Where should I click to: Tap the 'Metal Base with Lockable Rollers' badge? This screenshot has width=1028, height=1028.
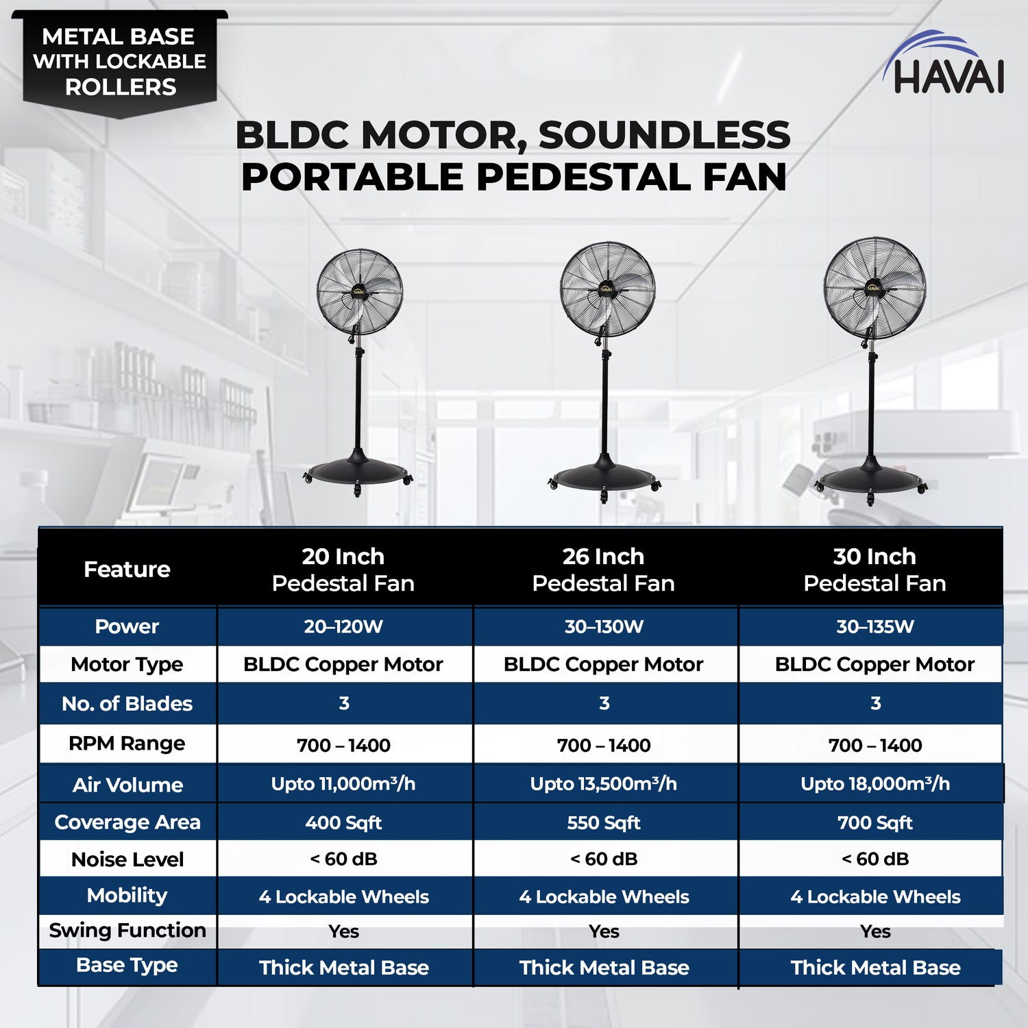120,62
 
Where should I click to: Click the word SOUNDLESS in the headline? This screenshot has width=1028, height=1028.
664,135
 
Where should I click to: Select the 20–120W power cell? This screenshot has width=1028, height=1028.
343,626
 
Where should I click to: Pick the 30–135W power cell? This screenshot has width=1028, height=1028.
874,626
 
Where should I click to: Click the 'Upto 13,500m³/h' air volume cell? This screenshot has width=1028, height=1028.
603,784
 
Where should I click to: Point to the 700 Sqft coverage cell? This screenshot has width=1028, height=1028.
874,822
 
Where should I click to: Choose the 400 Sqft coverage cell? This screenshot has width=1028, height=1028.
343,822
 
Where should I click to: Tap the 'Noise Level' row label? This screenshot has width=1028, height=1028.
127,859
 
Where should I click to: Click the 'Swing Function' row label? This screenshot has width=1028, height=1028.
127,931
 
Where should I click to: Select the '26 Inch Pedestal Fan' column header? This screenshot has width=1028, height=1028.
603,570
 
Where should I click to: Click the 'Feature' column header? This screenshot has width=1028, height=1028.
127,570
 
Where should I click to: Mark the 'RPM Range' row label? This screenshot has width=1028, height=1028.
127,744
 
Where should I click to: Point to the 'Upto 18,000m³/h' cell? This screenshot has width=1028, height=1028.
874,784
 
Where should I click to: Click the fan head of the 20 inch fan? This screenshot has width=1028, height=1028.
359,292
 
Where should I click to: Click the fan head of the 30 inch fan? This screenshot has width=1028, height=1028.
874,289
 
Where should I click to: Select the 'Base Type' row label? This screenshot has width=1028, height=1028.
127,966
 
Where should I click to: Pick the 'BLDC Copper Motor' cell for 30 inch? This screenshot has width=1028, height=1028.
874,665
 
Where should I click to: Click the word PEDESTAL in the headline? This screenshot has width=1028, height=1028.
583,178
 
